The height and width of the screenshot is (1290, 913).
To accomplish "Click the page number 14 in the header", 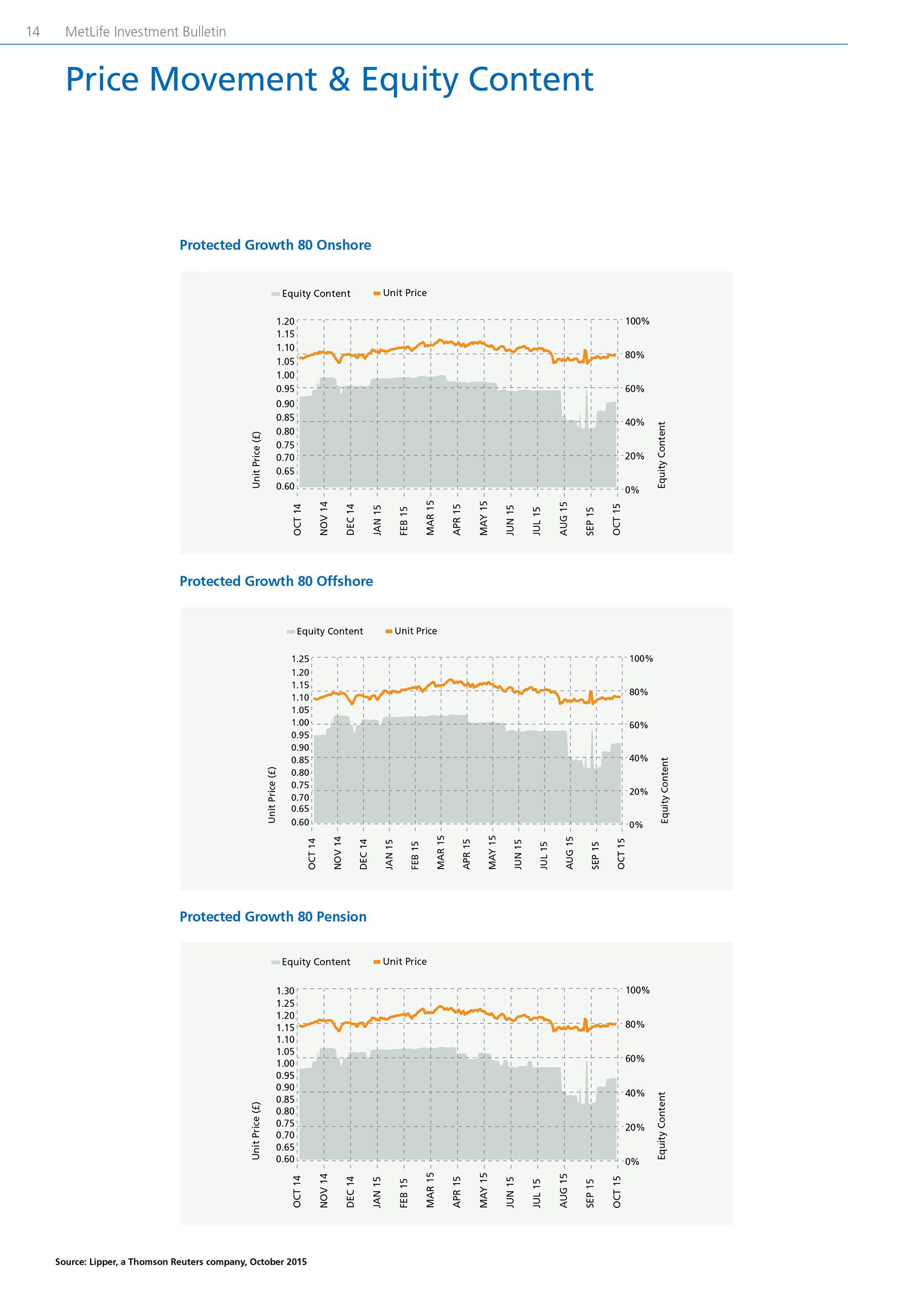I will click(33, 32).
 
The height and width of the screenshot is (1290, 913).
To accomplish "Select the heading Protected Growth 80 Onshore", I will click(275, 245).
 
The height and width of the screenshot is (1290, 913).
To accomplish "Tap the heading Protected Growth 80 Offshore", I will click(276, 581).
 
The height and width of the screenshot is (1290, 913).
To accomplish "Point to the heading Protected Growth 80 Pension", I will click(272, 917).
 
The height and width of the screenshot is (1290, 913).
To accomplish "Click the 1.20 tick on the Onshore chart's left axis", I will click(285, 321).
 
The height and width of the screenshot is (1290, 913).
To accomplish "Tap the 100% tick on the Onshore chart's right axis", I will click(637, 321).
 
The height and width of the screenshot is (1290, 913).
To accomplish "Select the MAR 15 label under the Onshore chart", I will click(430, 517).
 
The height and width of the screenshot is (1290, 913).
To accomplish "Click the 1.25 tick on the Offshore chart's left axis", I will click(300, 659).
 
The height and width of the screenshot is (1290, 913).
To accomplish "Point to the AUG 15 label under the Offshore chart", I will click(570, 852).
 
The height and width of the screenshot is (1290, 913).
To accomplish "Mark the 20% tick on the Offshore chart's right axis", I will click(638, 792).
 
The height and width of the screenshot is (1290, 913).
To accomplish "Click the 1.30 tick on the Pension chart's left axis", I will click(285, 991).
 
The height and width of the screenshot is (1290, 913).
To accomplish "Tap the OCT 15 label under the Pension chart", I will click(617, 1192).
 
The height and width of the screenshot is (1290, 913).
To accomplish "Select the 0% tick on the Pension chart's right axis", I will click(632, 1161).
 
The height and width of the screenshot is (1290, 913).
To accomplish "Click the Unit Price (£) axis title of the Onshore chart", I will click(256, 459).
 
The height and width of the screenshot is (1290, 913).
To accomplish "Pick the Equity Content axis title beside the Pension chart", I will click(662, 1126).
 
